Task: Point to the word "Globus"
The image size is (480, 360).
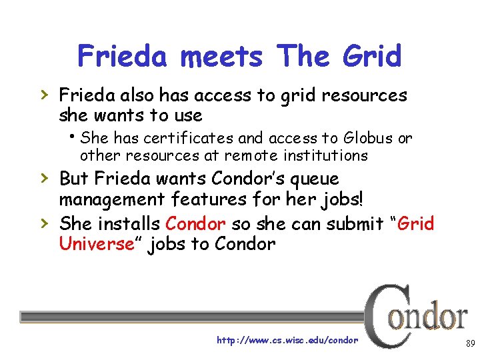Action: [369, 139]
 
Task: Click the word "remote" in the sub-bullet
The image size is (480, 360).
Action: [248, 156]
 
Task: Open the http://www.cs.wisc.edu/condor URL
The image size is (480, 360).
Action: [287, 340]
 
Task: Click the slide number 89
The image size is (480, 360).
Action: [469, 344]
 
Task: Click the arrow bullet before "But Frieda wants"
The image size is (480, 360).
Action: [44, 179]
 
